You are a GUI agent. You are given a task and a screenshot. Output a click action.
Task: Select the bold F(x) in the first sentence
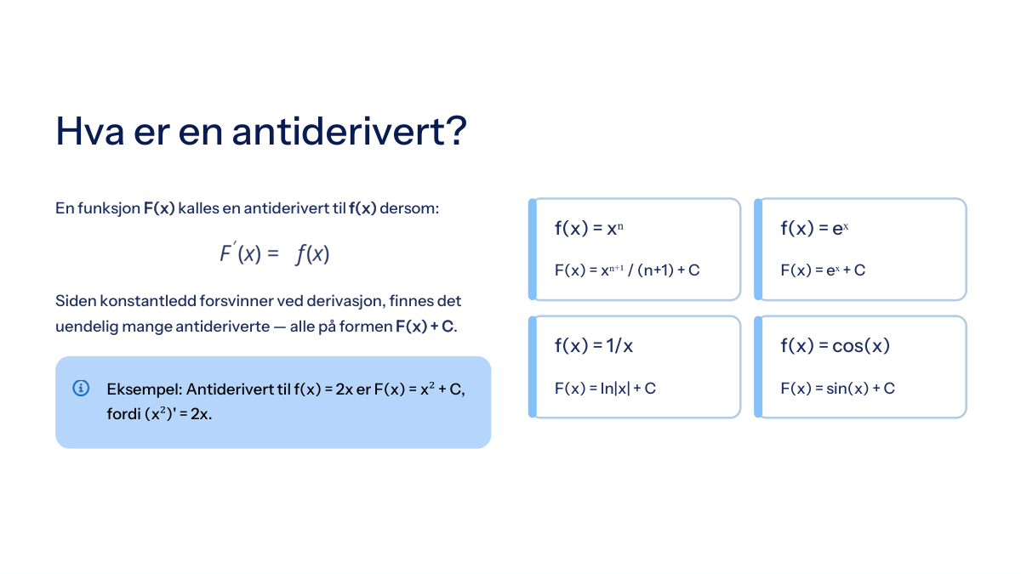coord(159,208)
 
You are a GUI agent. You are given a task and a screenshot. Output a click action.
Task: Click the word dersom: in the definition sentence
coord(409,208)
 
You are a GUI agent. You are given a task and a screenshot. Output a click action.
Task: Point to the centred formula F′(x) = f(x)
coord(274,253)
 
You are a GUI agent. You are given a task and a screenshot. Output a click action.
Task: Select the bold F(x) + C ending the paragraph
coord(425,327)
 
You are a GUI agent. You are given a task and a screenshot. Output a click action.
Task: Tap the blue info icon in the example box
coord(81,388)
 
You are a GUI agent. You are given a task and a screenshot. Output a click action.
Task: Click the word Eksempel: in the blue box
coord(145,389)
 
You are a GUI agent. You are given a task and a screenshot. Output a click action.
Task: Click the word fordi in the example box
coord(123,413)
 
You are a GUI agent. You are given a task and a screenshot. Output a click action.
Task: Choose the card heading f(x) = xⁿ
coord(589,228)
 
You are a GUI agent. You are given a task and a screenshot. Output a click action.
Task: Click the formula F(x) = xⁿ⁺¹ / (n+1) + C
coord(627,270)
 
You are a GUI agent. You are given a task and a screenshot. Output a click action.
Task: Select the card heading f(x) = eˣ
coord(814,228)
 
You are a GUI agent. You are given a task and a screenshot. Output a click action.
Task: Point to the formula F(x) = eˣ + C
coord(823,270)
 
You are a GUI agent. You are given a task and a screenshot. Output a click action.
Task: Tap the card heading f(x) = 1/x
coord(594,346)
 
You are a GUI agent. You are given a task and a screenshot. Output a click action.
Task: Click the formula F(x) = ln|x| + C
coord(605,388)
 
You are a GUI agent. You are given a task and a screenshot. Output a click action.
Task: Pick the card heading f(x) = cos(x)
coord(835,346)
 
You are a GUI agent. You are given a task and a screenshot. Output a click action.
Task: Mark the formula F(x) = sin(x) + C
coord(837,388)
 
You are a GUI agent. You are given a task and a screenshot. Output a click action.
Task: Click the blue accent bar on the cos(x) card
coord(758,367)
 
